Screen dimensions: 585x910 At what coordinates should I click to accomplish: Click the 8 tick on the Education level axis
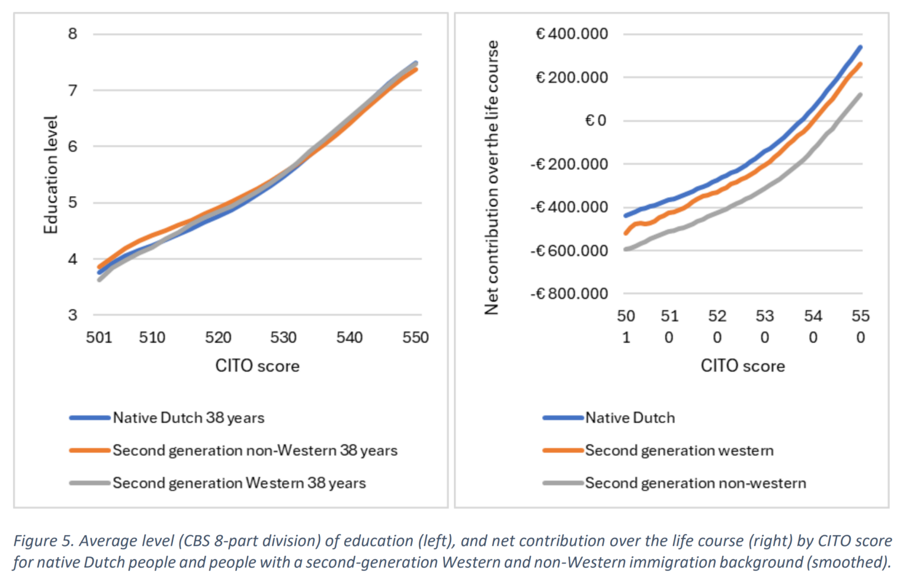pos(72,34)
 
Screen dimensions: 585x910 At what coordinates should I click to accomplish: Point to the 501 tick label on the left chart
pos(98,337)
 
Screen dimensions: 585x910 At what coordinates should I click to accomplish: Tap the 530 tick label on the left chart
pos(283,337)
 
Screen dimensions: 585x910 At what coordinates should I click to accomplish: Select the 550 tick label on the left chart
pos(415,337)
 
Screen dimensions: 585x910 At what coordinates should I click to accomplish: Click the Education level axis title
pos(51,175)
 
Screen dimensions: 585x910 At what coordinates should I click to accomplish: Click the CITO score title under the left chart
pos(257,366)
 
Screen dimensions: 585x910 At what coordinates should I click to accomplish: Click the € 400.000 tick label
pos(572,34)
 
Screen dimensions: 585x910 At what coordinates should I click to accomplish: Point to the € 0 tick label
pos(595,121)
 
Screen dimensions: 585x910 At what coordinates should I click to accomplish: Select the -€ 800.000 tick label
pos(569,294)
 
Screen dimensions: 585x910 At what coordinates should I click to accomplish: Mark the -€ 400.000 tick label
pos(569,207)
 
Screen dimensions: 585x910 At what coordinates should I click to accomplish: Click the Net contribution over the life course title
pos(492,178)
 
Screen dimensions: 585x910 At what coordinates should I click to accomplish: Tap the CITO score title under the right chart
pos(742,366)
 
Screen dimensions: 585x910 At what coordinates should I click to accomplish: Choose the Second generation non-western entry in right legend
pos(696,483)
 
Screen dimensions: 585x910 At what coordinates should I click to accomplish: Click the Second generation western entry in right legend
pos(679,450)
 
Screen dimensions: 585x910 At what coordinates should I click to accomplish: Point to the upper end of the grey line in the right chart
pos(860,94)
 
